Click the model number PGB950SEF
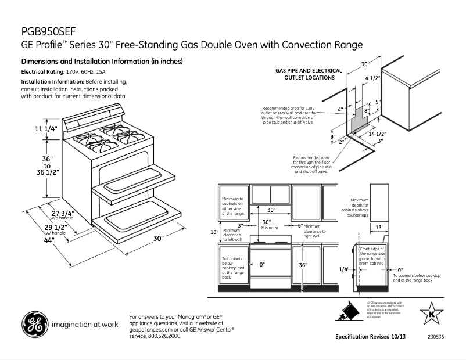[x=49, y=31]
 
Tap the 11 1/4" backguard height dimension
[x=46, y=129]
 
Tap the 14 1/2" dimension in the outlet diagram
[x=378, y=134]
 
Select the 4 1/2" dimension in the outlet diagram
[x=372, y=78]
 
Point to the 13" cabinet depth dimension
[x=379, y=227]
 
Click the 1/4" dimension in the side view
[x=344, y=269]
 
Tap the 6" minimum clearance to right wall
[x=300, y=225]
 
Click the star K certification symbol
[x=431, y=314]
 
